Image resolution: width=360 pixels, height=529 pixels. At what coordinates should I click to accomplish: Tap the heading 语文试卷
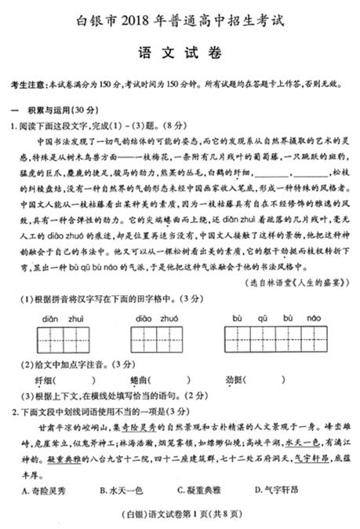pos(180,53)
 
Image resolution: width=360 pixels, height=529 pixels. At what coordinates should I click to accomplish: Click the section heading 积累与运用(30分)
pos(53,108)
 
